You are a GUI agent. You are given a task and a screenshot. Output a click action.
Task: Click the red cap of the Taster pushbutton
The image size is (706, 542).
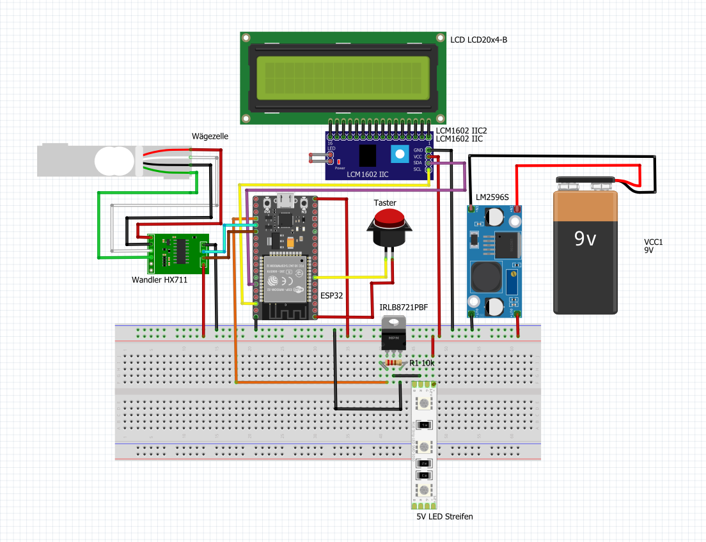(x=388, y=220)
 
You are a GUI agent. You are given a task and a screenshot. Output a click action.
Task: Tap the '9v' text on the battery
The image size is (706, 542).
(x=585, y=239)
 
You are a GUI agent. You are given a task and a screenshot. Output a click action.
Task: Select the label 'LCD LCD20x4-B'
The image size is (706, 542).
(x=479, y=40)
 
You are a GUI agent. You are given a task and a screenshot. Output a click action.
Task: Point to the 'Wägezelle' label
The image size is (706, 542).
(x=210, y=136)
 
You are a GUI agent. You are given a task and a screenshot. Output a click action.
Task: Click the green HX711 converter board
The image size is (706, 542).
(x=178, y=253)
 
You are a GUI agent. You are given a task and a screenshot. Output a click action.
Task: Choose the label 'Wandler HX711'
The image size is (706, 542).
(x=159, y=280)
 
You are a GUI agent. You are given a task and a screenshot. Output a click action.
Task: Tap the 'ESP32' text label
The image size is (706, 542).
(x=332, y=296)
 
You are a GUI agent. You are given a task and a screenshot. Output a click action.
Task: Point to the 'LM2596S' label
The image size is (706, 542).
(x=492, y=197)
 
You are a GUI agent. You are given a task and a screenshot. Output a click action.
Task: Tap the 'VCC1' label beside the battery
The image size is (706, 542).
(x=654, y=242)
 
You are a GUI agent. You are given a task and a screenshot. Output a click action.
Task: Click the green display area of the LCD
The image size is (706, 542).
(x=343, y=77)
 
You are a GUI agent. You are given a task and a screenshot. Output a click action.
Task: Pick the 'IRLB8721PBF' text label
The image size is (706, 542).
(x=404, y=308)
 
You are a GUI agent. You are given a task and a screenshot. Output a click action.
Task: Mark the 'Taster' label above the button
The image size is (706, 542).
(x=385, y=203)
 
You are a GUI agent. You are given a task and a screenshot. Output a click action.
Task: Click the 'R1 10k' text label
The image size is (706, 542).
(x=422, y=363)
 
